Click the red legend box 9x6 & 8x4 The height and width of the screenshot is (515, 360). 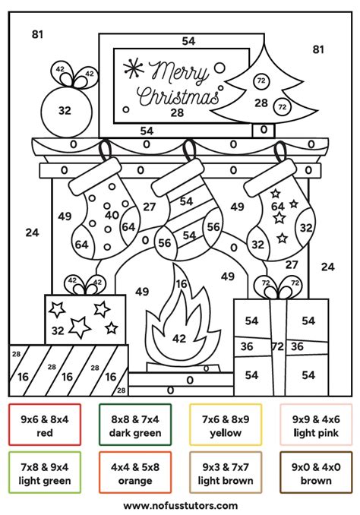(x=45, y=425)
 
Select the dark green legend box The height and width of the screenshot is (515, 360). (x=135, y=425)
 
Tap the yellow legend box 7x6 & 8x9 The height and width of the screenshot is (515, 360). (x=226, y=425)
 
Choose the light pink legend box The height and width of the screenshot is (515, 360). (x=314, y=425)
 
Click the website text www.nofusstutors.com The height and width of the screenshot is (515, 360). (x=180, y=504)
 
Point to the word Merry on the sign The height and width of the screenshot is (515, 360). (x=182, y=72)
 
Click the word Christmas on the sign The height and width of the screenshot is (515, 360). (x=178, y=96)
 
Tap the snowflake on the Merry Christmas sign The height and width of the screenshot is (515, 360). (x=134, y=68)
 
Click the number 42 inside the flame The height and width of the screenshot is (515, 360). (x=179, y=339)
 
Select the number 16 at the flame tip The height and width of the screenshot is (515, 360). (x=182, y=283)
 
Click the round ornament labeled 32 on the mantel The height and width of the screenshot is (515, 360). (x=64, y=111)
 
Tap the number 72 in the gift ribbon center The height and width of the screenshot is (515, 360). (x=278, y=346)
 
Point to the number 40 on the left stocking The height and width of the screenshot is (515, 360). (x=112, y=215)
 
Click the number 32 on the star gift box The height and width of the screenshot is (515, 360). (x=58, y=330)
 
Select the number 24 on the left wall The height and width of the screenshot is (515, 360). (x=31, y=232)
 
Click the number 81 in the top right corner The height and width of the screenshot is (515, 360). (x=318, y=49)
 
